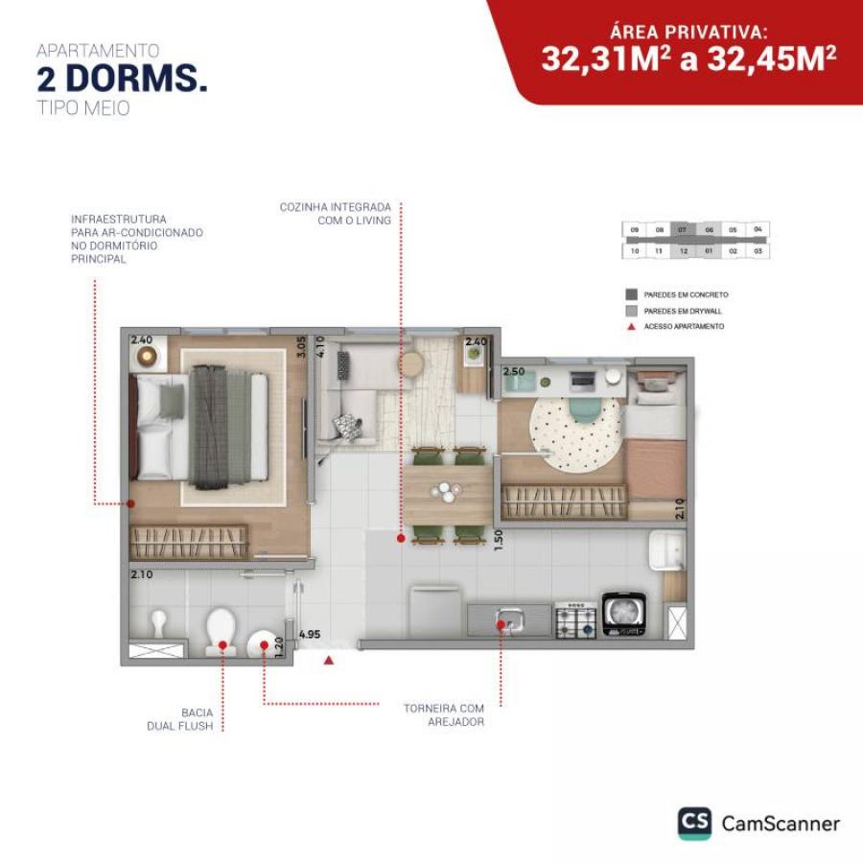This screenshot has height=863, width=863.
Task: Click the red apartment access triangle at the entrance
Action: pyautogui.click(x=329, y=660)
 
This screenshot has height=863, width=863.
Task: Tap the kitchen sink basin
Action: pyautogui.click(x=509, y=620)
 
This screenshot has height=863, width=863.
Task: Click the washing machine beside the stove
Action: pyautogui.click(x=623, y=616)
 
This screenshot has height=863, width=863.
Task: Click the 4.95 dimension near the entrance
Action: pyautogui.click(x=310, y=634)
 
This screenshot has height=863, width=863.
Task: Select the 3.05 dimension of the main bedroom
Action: pyautogui.click(x=301, y=346)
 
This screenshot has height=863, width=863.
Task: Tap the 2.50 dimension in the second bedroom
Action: pyautogui.click(x=513, y=371)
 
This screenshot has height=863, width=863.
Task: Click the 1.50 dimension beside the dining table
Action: pyautogui.click(x=498, y=539)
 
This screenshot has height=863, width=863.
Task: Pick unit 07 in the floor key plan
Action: pyautogui.click(x=683, y=230)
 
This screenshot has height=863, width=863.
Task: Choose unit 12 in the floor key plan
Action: pyautogui.click(x=683, y=250)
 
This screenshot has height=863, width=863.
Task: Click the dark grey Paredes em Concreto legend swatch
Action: pyautogui.click(x=631, y=294)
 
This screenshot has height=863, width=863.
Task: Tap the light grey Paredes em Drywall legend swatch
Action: pyautogui.click(x=631, y=311)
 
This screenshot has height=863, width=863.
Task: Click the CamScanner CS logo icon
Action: pyautogui.click(x=694, y=824)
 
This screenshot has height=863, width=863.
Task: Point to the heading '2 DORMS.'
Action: pyautogui.click(x=122, y=80)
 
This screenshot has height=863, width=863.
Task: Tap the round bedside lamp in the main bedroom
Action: pyautogui.click(x=146, y=357)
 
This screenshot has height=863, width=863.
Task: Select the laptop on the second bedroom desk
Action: pyautogui.click(x=582, y=381)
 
